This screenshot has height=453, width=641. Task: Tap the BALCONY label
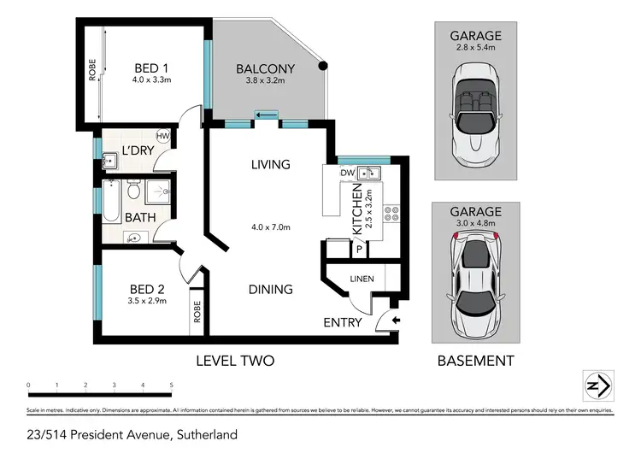tap(266, 68)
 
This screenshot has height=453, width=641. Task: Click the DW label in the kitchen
tap(347, 173)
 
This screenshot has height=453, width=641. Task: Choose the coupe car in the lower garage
tap(476, 280)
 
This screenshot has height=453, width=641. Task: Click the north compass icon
tap(595, 385)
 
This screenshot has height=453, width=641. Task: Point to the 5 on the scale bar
tap(172, 385)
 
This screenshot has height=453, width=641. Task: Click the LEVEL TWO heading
tap(235, 361)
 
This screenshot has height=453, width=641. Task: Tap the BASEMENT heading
tap(476, 361)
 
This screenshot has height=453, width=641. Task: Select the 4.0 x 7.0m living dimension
tap(270, 227)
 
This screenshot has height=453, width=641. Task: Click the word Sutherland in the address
tap(206, 434)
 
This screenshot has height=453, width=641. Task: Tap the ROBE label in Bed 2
tap(197, 314)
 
